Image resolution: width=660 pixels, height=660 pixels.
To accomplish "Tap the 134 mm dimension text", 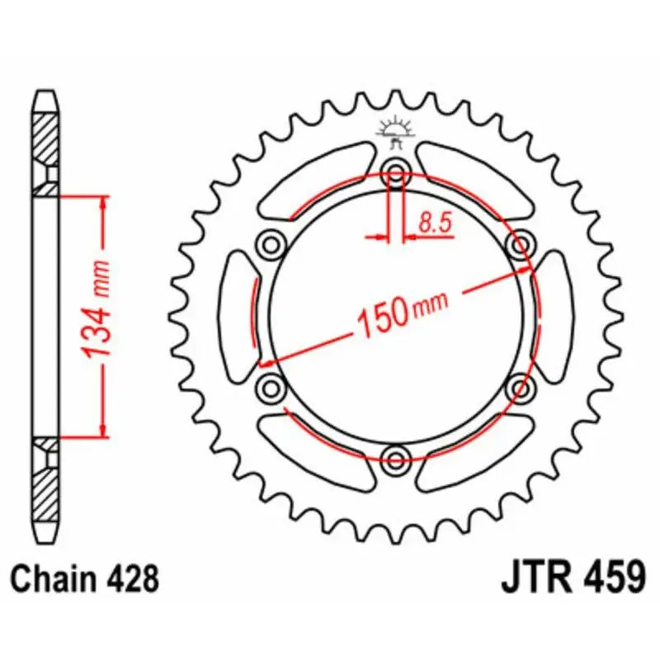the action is (x=97, y=310).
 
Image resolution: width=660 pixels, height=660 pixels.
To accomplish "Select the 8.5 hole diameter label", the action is (x=436, y=223).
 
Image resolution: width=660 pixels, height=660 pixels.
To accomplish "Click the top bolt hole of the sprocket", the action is (x=395, y=172).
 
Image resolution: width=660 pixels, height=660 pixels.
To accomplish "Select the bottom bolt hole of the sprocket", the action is (x=395, y=459).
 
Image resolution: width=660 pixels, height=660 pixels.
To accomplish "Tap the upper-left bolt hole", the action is (x=271, y=243).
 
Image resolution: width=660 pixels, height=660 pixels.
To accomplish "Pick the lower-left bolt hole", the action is (x=271, y=387).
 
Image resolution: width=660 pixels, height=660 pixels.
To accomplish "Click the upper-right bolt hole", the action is (x=520, y=243).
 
